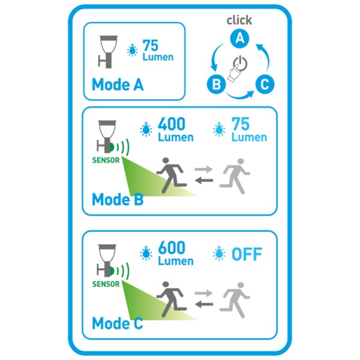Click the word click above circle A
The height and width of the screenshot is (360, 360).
click(x=239, y=20)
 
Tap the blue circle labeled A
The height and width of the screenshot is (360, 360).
click(x=239, y=38)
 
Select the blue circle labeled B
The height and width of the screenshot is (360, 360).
click(x=216, y=84)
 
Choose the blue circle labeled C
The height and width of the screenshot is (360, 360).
click(x=265, y=84)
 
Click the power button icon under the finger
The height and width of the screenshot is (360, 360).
click(x=241, y=63)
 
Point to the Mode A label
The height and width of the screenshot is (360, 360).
click(x=118, y=85)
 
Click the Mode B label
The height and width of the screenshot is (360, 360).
click(x=118, y=199)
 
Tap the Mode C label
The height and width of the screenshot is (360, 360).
click(x=118, y=323)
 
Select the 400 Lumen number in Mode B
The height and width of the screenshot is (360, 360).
click(x=172, y=124)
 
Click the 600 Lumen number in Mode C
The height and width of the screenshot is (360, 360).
click(x=172, y=248)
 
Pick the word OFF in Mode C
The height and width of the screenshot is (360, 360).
click(x=247, y=254)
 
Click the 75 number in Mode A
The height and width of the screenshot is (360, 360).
click(x=151, y=46)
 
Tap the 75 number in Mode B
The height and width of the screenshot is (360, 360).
click(x=241, y=124)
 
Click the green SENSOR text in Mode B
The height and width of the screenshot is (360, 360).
click(x=106, y=160)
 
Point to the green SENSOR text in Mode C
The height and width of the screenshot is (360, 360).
click(x=106, y=284)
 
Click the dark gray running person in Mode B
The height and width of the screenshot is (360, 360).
click(x=172, y=175)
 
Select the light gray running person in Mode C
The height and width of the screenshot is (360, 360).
click(x=235, y=300)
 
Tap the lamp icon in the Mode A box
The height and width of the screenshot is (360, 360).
click(x=107, y=52)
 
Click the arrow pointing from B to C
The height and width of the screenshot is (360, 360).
click(x=239, y=95)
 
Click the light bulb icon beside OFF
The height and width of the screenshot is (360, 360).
click(x=219, y=253)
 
